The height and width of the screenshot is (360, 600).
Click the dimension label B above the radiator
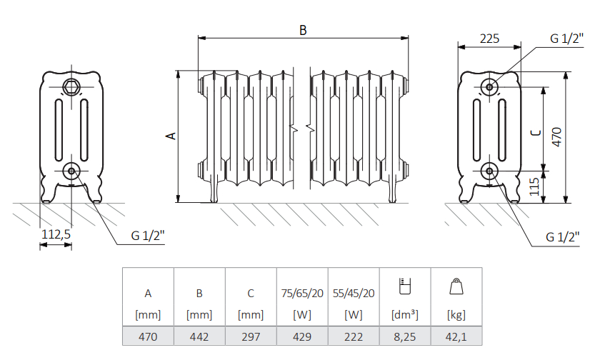coord(303,30)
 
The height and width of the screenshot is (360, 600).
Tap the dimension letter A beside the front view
coord(171,135)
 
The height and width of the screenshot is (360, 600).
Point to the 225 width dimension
coord(489,39)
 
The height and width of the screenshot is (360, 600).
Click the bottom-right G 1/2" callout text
coord(561,236)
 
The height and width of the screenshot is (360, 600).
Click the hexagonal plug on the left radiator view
coord(71,88)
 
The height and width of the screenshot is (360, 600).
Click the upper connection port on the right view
coord(489,87)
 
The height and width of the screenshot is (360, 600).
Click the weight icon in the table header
coord(456,287)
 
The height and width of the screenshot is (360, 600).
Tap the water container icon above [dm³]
coord(405,286)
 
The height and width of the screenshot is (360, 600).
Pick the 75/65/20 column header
coord(302,293)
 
